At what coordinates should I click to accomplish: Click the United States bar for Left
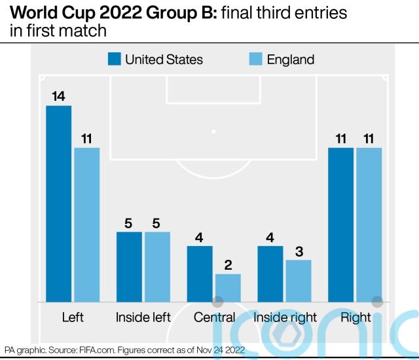58,204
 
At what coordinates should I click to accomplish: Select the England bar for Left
86,225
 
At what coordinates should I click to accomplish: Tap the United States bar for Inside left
129,267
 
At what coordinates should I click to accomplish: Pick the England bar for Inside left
157,267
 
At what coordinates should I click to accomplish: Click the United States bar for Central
200,274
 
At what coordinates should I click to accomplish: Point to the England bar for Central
228,288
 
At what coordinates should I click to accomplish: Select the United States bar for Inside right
270,274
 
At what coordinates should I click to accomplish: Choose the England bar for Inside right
299,281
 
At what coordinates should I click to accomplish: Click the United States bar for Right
341,225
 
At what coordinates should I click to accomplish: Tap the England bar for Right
369,225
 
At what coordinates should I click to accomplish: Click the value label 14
58,96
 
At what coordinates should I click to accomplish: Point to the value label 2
228,265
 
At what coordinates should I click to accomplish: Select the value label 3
299,251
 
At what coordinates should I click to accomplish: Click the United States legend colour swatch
115,60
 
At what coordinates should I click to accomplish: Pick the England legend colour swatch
256,60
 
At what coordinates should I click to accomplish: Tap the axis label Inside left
143,317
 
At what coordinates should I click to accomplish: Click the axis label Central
214,317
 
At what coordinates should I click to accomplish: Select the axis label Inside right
285,317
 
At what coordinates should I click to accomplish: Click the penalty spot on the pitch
213,132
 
